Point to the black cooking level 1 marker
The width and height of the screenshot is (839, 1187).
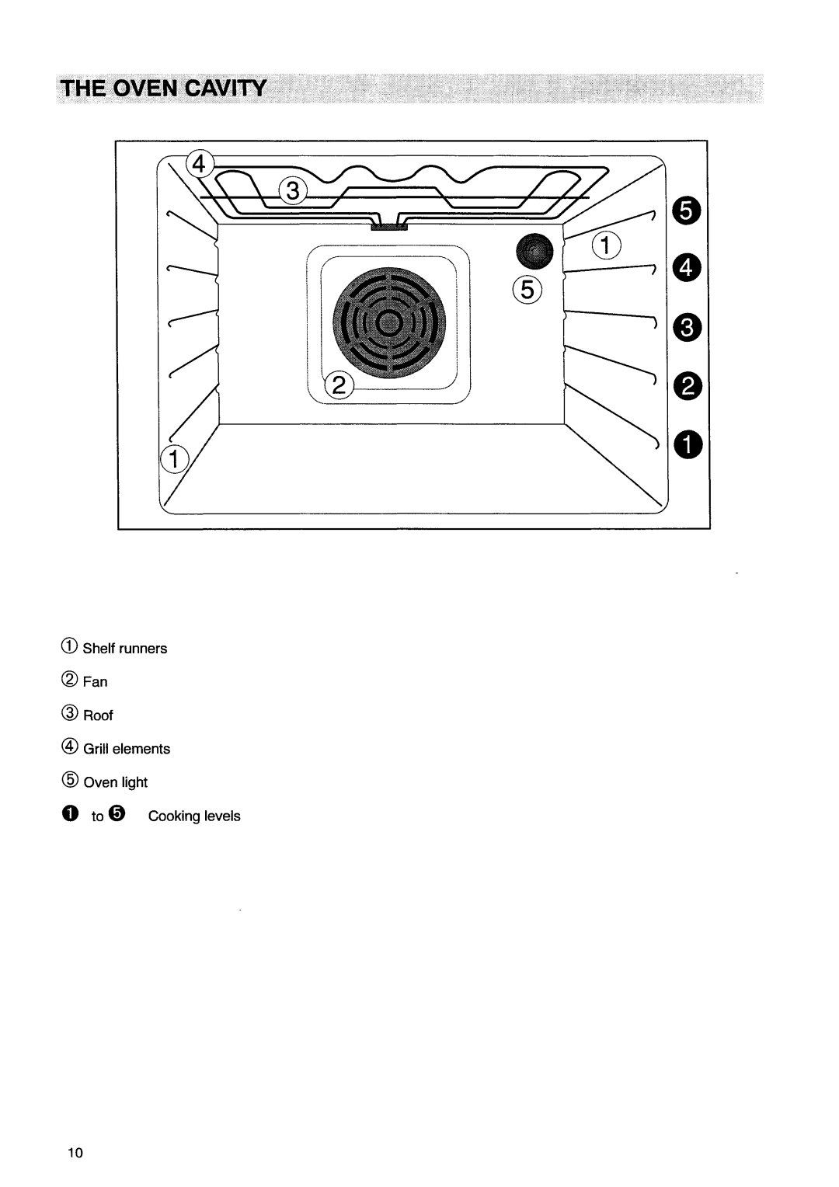pyautogui.click(x=688, y=444)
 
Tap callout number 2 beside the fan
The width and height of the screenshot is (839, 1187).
pyautogui.click(x=340, y=385)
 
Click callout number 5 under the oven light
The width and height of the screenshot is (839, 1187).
pyautogui.click(x=525, y=291)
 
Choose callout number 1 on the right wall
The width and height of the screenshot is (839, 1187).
pyautogui.click(x=608, y=246)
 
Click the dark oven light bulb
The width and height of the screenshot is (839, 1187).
pyautogui.click(x=535, y=250)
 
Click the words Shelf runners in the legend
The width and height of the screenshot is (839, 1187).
pyautogui.click(x=125, y=649)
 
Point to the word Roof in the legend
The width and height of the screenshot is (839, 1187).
pyautogui.click(x=98, y=715)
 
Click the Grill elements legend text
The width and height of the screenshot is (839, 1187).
pyautogui.click(x=127, y=749)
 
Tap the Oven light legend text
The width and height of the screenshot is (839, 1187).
pyautogui.click(x=115, y=782)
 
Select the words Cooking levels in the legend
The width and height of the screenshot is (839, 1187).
pyautogui.click(x=194, y=816)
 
